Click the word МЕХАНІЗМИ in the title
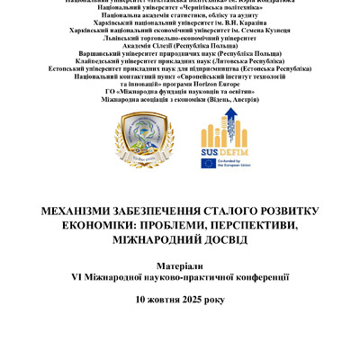[x=80, y=208]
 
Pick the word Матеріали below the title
[x=180, y=267]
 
